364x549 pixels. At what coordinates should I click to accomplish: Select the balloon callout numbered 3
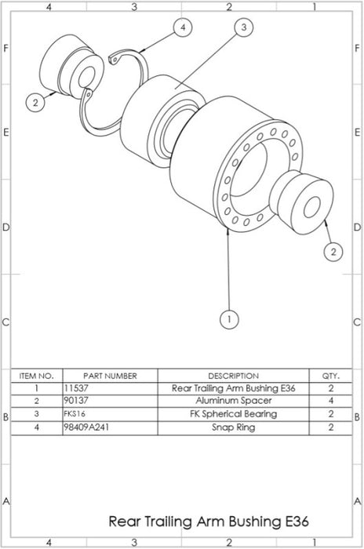point(243,27)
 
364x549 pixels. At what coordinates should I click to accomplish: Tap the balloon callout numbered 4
point(183,27)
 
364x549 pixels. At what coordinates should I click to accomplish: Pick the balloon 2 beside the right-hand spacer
point(333,251)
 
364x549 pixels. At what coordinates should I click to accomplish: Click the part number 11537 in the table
point(75,388)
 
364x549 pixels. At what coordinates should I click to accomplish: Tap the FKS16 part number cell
point(75,413)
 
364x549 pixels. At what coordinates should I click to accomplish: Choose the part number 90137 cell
point(75,401)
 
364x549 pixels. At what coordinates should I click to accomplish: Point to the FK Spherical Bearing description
point(233,413)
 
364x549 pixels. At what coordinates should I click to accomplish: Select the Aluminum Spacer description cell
point(233,401)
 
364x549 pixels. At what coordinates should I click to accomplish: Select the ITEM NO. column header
point(36,376)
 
